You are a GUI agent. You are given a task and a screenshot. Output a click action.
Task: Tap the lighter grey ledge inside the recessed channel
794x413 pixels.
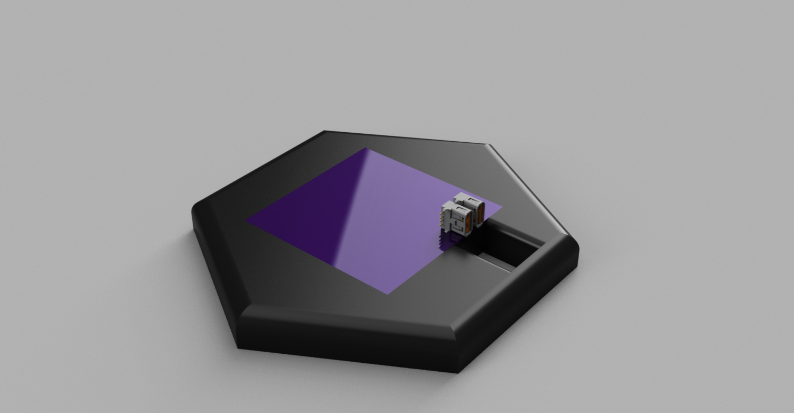tap(495, 262)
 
